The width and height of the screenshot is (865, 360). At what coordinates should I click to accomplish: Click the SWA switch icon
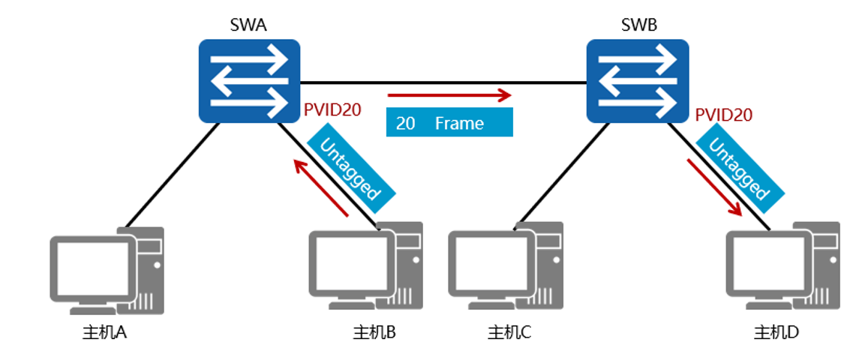(248, 81)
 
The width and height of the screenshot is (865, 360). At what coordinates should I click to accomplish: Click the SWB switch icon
(637, 81)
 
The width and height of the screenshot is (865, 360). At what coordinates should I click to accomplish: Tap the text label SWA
(248, 25)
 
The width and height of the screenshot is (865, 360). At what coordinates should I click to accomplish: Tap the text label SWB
(639, 25)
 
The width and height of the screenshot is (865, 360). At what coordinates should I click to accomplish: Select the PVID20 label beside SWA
(332, 109)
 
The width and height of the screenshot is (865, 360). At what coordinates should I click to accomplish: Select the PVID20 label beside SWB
(724, 115)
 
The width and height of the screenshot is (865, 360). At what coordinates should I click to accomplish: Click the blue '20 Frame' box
(449, 122)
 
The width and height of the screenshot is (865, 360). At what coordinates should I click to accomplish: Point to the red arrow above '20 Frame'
(449, 95)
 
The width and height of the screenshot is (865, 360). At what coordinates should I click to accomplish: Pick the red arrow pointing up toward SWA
(321, 187)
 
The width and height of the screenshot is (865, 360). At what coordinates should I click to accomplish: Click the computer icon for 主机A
(107, 270)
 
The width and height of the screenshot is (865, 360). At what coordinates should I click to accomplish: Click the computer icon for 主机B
(366, 265)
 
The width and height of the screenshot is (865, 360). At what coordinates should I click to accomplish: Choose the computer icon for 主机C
(505, 265)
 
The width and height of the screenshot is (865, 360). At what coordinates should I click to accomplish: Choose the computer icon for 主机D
(783, 265)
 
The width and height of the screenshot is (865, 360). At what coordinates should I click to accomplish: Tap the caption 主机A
(104, 332)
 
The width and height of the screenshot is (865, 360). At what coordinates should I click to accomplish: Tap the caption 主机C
(509, 332)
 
